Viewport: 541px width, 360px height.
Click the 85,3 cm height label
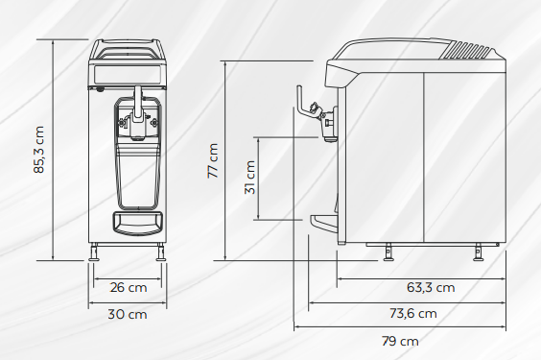(39, 150)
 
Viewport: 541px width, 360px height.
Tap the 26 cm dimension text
(129, 287)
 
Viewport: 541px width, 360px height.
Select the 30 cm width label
(128, 314)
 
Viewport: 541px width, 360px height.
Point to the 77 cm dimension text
(213, 161)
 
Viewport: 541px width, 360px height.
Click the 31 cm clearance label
(249, 178)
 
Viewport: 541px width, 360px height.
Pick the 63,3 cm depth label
(431, 287)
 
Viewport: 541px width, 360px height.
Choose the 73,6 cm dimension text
(413, 313)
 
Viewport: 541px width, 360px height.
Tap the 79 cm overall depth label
(400, 341)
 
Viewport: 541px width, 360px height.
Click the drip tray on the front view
(137, 223)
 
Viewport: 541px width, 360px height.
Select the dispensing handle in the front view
(138, 105)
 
